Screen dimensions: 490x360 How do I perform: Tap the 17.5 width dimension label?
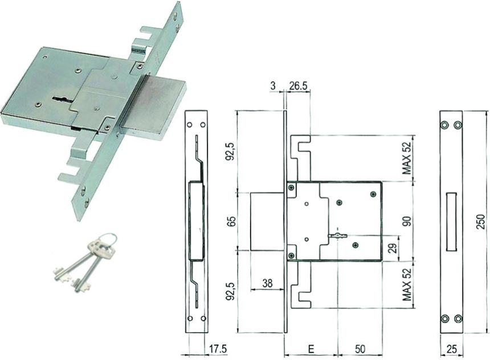(218, 349)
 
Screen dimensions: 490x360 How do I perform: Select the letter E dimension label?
(311, 349)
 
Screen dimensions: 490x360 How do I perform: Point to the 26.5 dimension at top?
(298, 86)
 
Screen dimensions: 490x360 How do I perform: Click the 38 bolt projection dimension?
(267, 283)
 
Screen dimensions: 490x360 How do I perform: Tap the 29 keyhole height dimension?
(394, 247)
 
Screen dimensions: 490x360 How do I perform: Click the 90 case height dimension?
(407, 221)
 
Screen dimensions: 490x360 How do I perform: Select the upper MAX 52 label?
(407, 157)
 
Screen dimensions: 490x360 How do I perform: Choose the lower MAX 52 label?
(407, 284)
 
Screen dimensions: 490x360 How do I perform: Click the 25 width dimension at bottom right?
(452, 349)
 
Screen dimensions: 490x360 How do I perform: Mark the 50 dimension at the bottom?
(360, 349)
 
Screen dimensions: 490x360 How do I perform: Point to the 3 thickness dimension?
(273, 86)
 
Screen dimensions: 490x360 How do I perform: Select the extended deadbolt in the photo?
(154, 105)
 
